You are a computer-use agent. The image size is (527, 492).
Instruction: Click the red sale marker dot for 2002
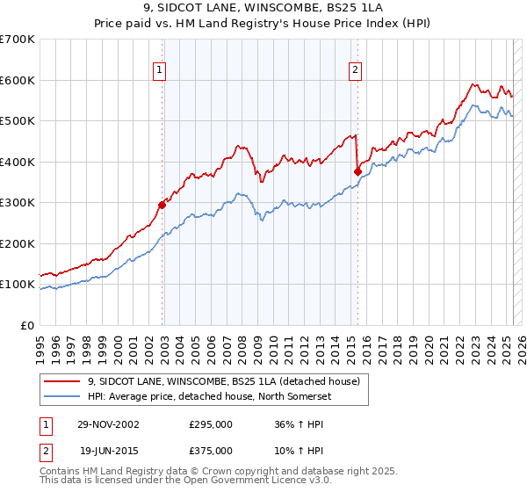[162, 205]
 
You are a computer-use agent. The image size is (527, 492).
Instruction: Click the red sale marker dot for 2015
[357, 172]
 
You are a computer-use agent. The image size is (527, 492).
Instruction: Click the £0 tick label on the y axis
[27, 325]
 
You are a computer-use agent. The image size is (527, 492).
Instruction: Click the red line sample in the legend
[61, 382]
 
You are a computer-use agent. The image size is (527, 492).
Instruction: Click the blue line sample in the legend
[61, 397]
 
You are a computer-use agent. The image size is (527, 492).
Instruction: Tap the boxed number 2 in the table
[46, 449]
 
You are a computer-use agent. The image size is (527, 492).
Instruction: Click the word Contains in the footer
[61, 473]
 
